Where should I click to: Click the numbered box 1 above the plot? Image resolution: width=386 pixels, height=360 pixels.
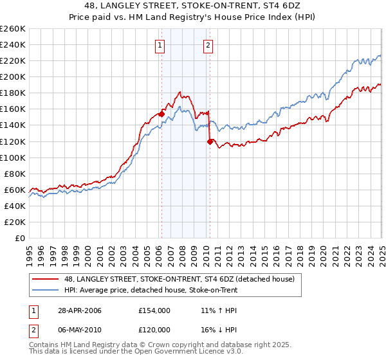[x=159, y=45]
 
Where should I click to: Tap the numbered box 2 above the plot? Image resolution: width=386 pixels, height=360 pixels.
[x=208, y=45]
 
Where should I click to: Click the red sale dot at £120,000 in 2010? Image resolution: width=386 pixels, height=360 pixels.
[x=210, y=141]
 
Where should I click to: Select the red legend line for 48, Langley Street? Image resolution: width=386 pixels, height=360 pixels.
[x=45, y=278]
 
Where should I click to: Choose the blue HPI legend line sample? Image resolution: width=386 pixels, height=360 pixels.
[x=45, y=289]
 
